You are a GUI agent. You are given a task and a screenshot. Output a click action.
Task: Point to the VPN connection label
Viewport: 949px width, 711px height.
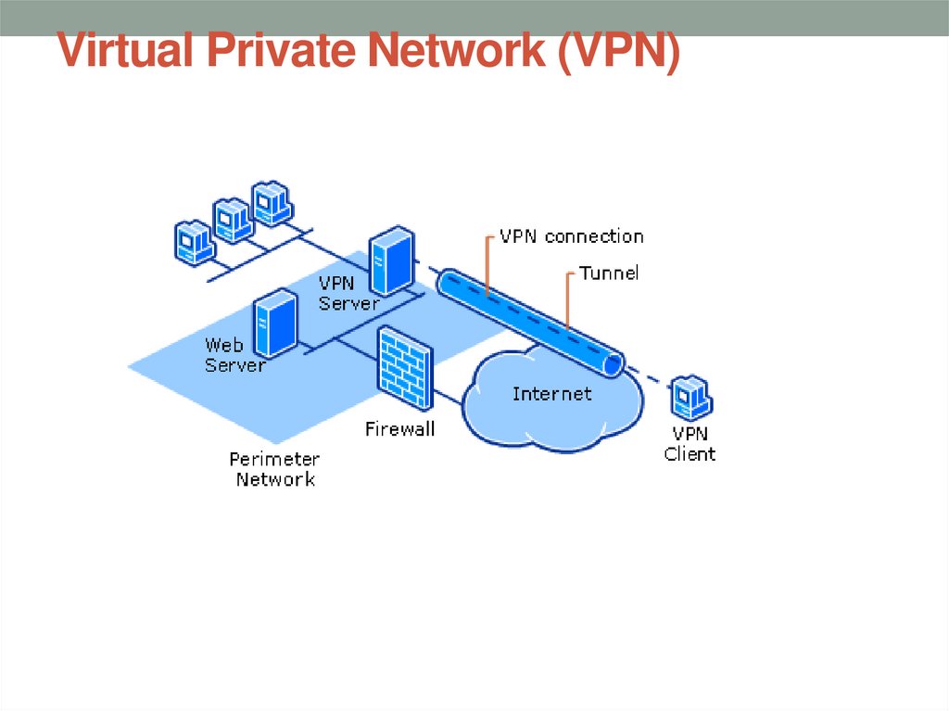click(x=571, y=236)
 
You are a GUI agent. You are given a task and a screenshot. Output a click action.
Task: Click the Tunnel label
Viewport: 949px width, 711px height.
click(x=609, y=273)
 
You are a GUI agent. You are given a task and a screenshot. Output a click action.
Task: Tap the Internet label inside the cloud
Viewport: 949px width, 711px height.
click(x=551, y=394)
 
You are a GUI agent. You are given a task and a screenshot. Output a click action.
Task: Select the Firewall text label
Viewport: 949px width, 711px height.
click(x=399, y=430)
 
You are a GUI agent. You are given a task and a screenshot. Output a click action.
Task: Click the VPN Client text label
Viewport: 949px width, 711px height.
click(x=690, y=445)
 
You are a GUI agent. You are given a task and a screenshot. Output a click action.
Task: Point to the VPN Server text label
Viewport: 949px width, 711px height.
click(x=348, y=293)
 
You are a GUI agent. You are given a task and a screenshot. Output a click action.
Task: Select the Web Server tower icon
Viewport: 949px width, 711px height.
click(x=274, y=323)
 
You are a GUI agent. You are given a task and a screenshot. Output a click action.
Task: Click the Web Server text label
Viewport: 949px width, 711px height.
click(x=234, y=355)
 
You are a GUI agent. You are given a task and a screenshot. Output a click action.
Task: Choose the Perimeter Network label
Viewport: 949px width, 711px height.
click(x=274, y=469)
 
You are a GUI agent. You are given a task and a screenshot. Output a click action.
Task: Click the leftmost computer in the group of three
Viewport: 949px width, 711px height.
click(x=195, y=241)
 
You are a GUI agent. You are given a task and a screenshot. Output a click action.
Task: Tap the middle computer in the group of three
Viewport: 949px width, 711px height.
click(x=233, y=219)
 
